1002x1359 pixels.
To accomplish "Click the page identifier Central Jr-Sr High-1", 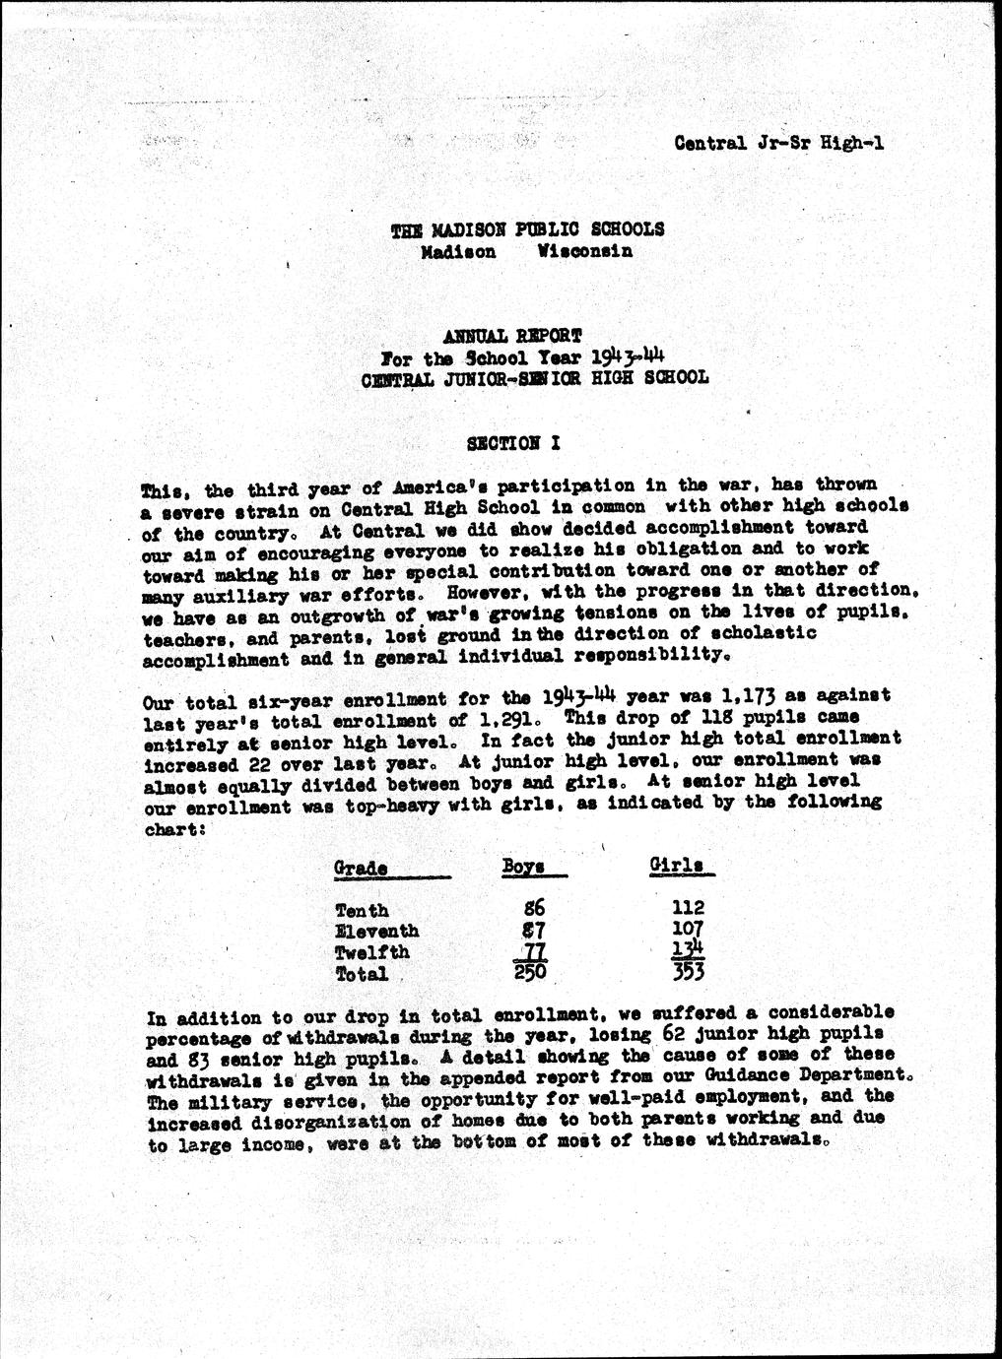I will point(778,143).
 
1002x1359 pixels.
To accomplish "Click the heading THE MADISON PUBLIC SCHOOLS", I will point(527,229).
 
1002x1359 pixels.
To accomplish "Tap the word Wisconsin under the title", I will point(585,251).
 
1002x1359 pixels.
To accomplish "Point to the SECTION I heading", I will point(513,443).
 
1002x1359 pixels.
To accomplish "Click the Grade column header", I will point(361,869).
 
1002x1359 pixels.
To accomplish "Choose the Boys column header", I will point(524,867).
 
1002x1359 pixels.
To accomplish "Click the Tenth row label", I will point(362,911).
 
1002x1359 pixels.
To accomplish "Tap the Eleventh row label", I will point(377,932).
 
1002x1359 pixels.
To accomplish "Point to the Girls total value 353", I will point(684,973).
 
